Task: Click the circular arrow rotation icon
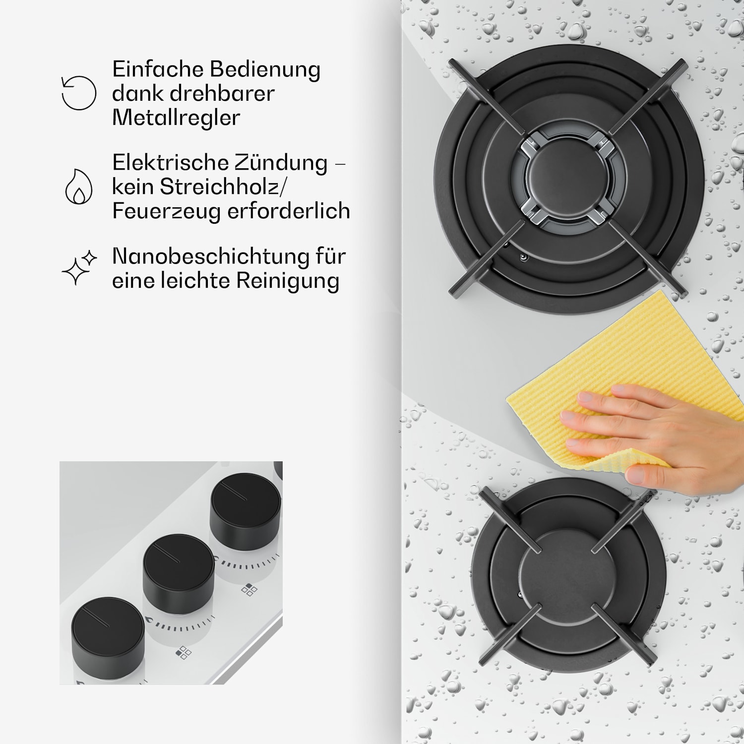click(x=78, y=93)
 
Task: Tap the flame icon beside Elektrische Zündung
click(x=79, y=187)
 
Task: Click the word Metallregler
click(x=176, y=118)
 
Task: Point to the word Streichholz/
click(x=223, y=186)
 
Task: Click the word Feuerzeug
click(x=166, y=211)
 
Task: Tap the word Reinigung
click(x=288, y=281)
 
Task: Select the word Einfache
click(x=158, y=69)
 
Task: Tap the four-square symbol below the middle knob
click(x=184, y=652)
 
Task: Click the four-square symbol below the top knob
click(x=249, y=590)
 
